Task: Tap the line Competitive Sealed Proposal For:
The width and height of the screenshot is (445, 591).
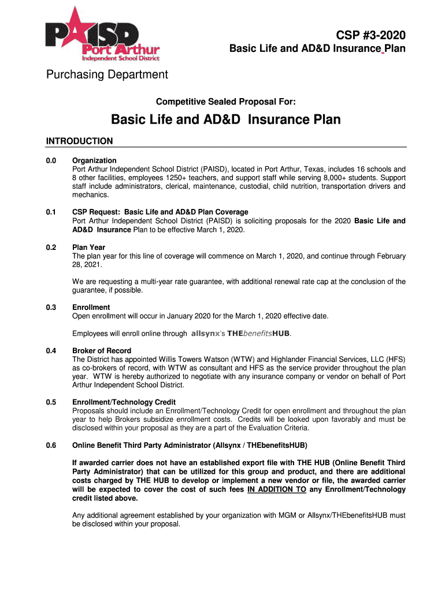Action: click(x=226, y=102)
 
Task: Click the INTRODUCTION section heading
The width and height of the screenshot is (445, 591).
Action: click(x=79, y=141)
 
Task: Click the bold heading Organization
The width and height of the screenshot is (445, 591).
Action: click(x=94, y=160)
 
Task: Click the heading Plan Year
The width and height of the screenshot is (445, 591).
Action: click(x=90, y=248)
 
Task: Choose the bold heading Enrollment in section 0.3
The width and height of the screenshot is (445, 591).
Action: click(x=91, y=308)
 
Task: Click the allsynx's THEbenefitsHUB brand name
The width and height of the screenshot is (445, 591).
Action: click(x=240, y=334)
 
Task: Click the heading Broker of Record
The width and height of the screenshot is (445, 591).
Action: click(x=102, y=351)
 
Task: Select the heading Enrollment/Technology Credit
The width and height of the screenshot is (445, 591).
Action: click(x=124, y=402)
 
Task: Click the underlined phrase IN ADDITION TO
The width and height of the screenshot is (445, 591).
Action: click(x=276, y=489)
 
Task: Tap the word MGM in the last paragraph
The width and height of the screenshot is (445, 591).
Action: click(x=289, y=515)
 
